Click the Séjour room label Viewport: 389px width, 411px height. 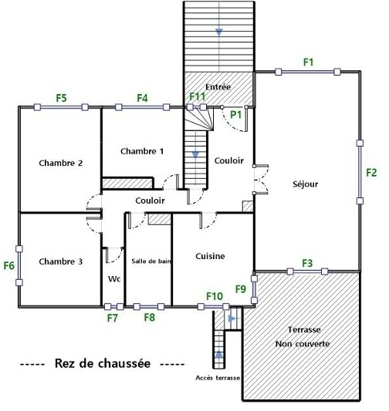(306, 184)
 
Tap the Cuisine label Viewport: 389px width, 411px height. (210, 256)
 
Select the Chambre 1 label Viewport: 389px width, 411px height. (142, 151)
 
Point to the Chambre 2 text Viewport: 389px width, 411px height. (61, 163)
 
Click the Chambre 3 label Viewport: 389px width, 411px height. (61, 261)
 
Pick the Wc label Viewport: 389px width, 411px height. (114, 278)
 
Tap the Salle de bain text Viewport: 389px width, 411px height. (151, 261)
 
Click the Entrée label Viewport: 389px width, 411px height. (218, 87)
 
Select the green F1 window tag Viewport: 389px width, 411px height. (308, 62)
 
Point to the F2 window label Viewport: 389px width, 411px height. (371, 173)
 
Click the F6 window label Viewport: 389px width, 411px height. (9, 266)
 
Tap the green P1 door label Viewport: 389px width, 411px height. (235, 115)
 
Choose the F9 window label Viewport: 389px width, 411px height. (241, 289)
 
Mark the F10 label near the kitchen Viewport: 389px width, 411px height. (215, 296)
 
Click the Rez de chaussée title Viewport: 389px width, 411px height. (103, 363)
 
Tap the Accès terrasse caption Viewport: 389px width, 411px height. (218, 378)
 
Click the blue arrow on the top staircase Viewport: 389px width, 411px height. (218, 32)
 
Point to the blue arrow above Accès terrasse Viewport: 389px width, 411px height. (218, 355)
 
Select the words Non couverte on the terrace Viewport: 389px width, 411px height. (303, 344)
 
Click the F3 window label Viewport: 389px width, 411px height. (307, 263)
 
